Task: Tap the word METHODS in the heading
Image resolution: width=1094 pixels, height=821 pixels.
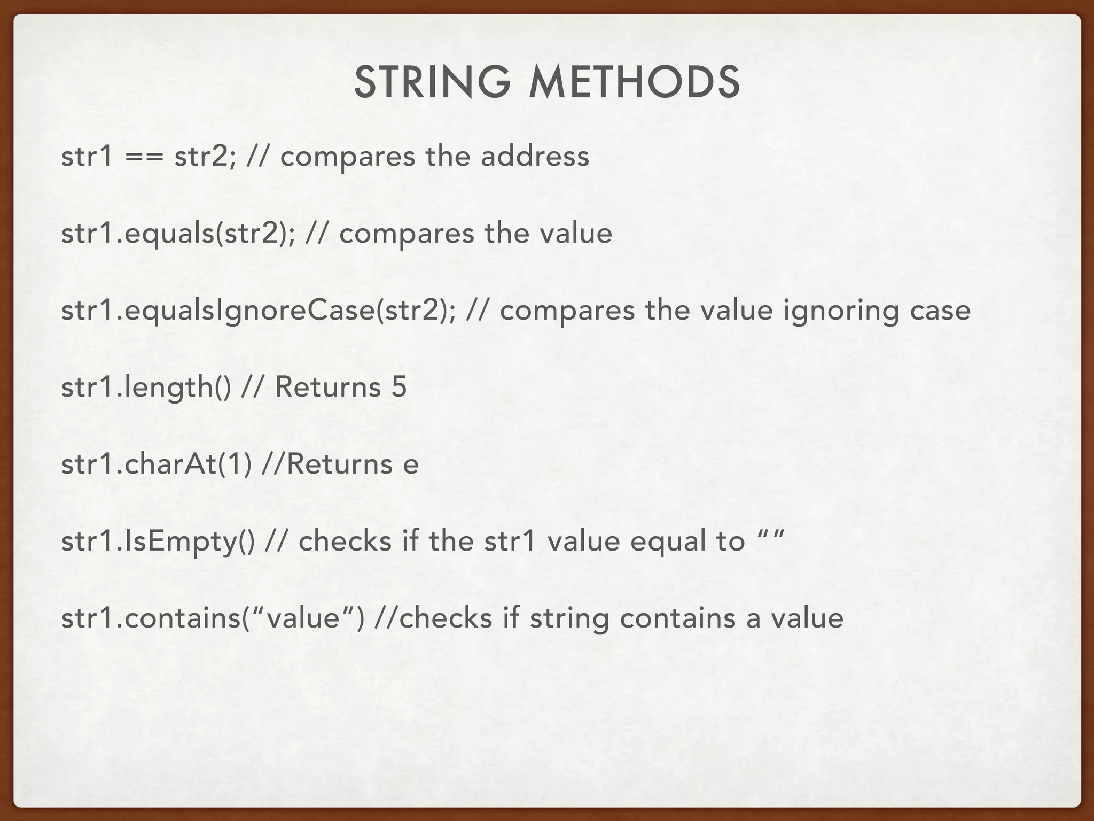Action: (x=634, y=83)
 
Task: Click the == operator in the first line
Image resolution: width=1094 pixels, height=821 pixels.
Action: (x=144, y=157)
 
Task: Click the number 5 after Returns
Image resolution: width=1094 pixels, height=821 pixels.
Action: (x=399, y=387)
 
